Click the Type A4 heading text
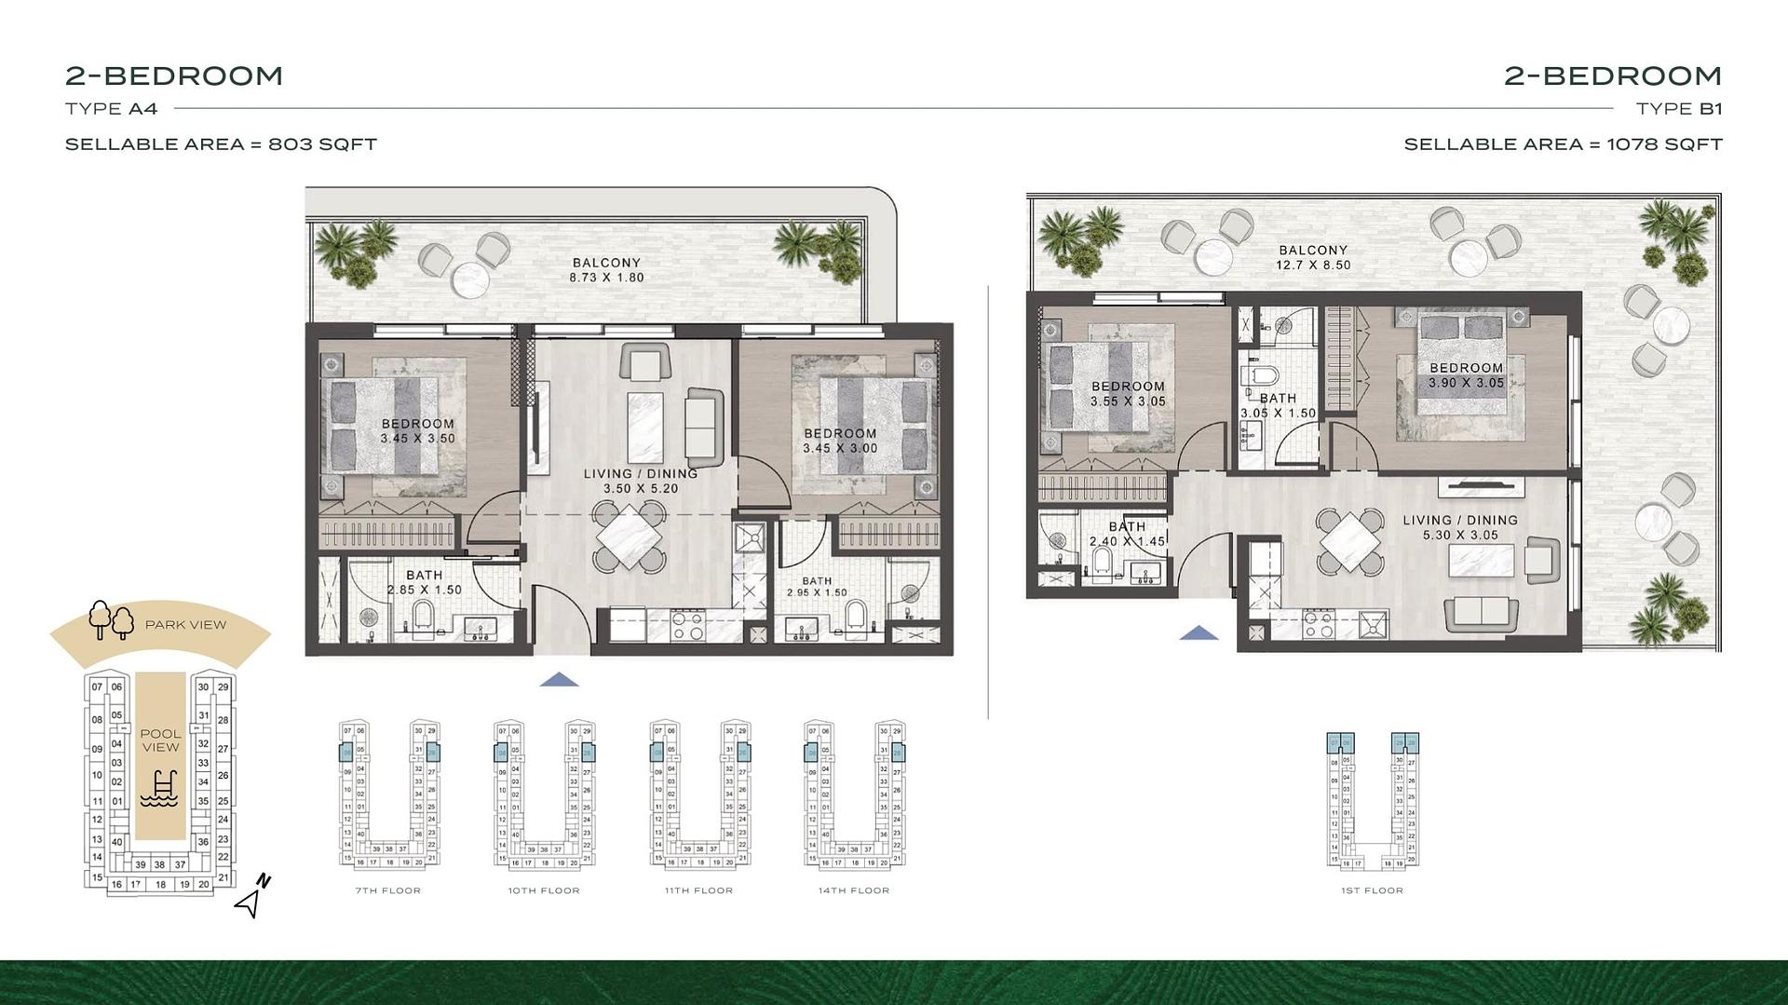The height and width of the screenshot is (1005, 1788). coord(112,109)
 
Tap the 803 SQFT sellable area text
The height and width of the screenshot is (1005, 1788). coord(322,144)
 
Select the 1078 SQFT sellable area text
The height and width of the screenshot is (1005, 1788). coord(1664,144)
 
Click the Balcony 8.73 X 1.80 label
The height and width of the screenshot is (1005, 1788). coord(606,270)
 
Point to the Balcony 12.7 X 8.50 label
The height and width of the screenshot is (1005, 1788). coord(1313,257)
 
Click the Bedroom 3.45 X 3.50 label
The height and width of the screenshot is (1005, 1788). coord(417,431)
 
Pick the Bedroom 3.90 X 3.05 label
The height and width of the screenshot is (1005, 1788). coord(1466,375)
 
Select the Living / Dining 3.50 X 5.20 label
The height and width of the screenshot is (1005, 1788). coord(640,481)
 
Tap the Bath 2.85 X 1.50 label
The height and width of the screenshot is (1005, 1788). coord(424,582)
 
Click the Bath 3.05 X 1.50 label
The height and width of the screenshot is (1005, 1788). coord(1278,405)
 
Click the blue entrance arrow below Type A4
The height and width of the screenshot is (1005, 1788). coord(559,680)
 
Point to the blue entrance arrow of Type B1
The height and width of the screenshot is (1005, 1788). coord(1199,633)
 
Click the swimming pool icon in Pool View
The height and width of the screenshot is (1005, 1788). coord(160,790)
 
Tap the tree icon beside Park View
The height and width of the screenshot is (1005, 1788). coord(111,620)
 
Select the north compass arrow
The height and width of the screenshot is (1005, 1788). coord(252,897)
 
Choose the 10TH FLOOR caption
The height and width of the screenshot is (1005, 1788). coord(544,891)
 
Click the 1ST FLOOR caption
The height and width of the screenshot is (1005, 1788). coord(1372,891)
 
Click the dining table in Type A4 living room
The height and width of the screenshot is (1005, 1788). coord(630,536)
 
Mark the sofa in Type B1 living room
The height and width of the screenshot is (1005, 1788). coord(1481,613)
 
